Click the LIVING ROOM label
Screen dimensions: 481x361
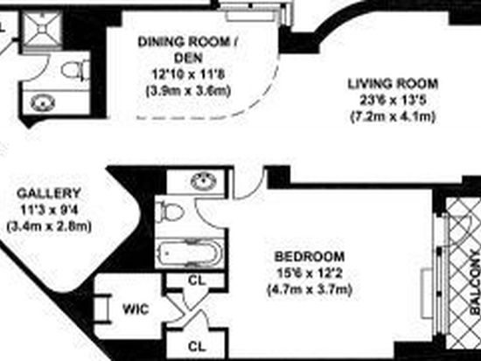[x=393, y=84]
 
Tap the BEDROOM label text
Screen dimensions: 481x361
[x=310, y=256]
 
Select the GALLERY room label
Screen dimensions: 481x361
[x=49, y=193]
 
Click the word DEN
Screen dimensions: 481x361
[x=188, y=58]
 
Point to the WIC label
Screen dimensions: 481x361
[x=136, y=309]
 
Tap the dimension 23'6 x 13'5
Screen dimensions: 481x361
[x=393, y=101]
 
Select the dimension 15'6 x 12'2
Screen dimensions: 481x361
[x=310, y=273]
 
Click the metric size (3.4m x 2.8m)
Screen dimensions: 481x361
[x=49, y=227]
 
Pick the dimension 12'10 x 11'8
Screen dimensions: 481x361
[x=188, y=74]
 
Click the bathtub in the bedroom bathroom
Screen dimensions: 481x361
[x=190, y=253]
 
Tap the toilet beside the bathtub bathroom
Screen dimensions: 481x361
[x=170, y=212]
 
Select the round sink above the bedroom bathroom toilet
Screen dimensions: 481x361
[x=204, y=181]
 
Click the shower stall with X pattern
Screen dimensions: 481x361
[x=42, y=29]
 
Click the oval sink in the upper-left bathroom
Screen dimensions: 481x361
[x=43, y=102]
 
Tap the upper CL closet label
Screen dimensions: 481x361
[x=197, y=281]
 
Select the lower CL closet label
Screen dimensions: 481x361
[x=197, y=347]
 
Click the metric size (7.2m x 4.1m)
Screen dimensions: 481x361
[x=393, y=117]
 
